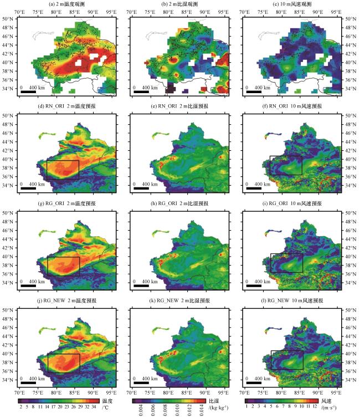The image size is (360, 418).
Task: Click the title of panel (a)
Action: [x=67, y=4]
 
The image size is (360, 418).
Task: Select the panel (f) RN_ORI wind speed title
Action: [x=292, y=106]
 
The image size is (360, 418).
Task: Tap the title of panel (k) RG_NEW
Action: [x=179, y=300]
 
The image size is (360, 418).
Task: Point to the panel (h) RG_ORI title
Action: [x=179, y=203]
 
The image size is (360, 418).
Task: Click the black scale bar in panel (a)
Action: [x=28, y=92]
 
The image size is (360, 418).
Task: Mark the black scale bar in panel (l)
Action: [x=254, y=383]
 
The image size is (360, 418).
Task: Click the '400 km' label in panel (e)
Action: [x=150, y=184]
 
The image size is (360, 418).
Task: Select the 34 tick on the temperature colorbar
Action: [x=94, y=407]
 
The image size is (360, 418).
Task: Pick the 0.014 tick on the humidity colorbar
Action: [x=202, y=410]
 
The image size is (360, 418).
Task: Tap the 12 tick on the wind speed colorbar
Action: [x=315, y=406]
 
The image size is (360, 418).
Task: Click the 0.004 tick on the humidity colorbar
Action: [x=141, y=410]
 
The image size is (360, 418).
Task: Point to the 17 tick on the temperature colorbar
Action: [x=53, y=407]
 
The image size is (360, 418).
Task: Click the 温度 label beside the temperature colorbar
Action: [x=107, y=401]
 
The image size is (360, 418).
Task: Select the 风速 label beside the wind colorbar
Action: [x=326, y=401]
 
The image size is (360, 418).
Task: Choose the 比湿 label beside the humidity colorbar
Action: [x=214, y=401]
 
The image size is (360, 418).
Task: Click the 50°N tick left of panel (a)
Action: [x=8, y=19]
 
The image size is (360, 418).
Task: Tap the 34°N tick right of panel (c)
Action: [x=351, y=89]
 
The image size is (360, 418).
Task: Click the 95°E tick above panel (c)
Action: [x=336, y=12]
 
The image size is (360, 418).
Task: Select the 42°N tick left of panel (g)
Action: [x=8, y=248]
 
